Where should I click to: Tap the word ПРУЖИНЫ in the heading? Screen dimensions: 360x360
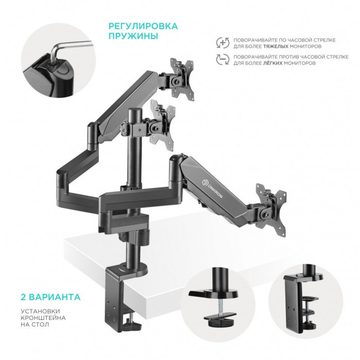click(127, 37)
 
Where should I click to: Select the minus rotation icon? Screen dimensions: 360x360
click(222, 60)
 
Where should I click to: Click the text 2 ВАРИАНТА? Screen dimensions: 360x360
click(50, 297)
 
